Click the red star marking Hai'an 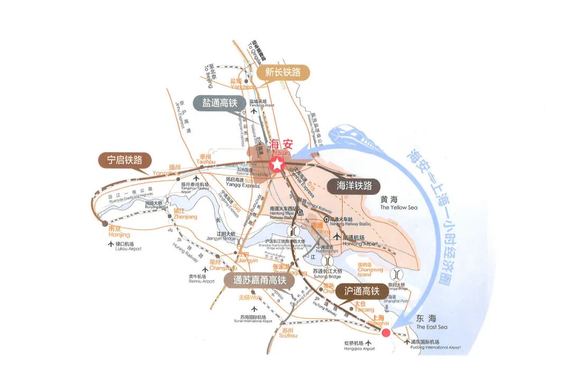pos(276,164)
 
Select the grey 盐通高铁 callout pos(219,103)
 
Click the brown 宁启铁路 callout pos(125,160)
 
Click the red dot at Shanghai pos(386,333)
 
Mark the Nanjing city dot pos(105,223)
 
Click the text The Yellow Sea pos(399,208)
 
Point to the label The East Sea pos(431,327)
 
